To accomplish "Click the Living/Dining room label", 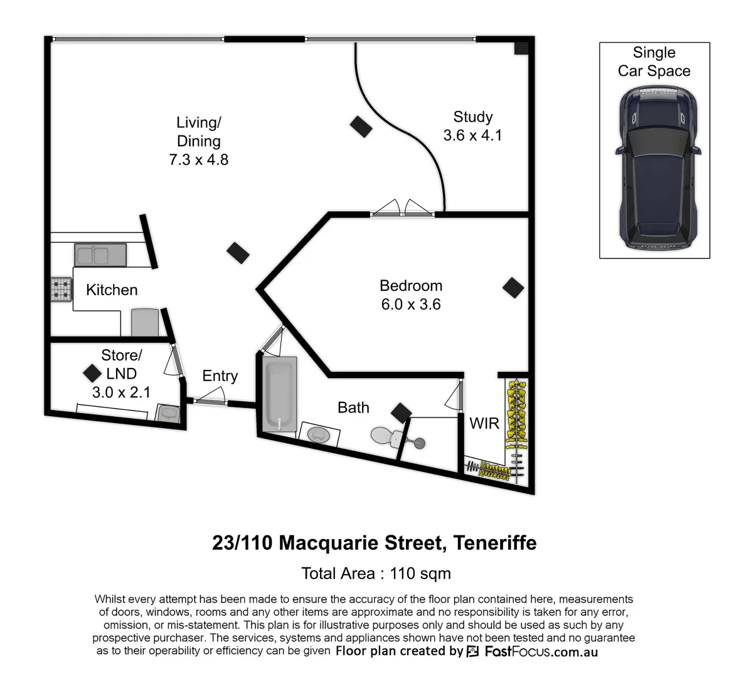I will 198,132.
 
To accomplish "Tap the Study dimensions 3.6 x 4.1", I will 472,135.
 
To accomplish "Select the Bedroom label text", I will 411,286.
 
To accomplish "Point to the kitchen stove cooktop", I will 61,290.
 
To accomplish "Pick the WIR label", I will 484,423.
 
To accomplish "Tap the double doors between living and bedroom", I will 402,208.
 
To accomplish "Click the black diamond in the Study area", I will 360,127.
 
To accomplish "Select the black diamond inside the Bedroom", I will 513,288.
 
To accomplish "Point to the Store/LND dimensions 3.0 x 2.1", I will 121,392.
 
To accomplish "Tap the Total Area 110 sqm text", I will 375,573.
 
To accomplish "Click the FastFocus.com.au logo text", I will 541,652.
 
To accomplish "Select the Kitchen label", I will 112,290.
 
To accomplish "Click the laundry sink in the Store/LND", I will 167,413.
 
